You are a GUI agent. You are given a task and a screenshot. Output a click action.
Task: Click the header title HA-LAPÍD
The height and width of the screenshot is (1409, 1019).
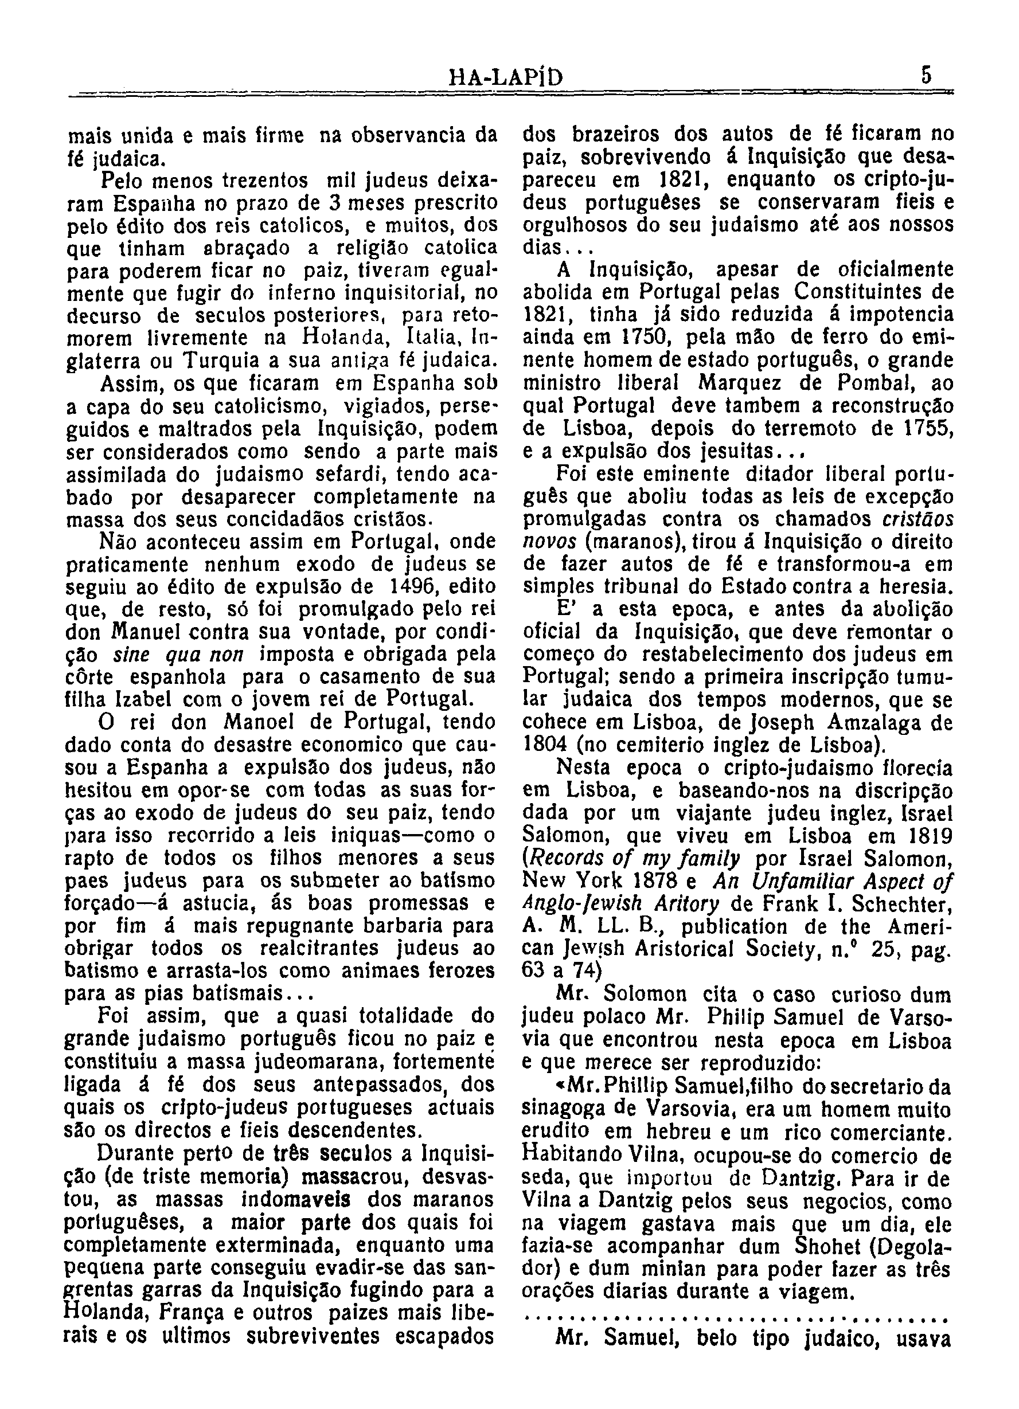506,77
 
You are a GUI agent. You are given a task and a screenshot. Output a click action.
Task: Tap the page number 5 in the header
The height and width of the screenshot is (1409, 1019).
927,76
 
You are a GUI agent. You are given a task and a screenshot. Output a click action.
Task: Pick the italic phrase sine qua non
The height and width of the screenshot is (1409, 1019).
178,655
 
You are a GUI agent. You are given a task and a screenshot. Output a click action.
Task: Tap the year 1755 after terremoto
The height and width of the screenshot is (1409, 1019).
927,429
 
